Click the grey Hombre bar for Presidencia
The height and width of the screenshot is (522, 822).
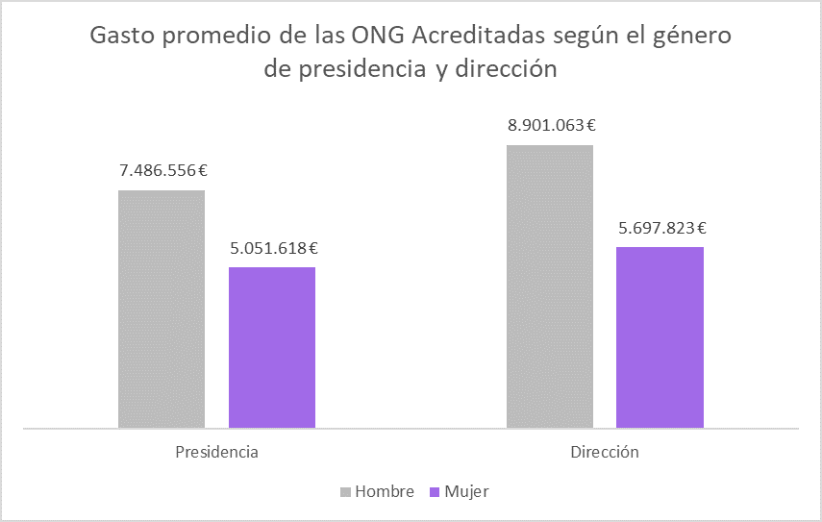pos(162,309)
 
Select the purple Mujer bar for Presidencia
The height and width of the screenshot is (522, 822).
pos(272,347)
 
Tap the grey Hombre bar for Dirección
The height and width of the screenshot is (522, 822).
pos(549,286)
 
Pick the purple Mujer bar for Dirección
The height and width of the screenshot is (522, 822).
pos(660,336)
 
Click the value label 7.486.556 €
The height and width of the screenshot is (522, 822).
pos(163,171)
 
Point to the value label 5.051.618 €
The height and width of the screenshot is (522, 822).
pos(274,248)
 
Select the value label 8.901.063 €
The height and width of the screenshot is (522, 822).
pos(552,124)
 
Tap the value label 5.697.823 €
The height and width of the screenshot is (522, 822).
pos(661,228)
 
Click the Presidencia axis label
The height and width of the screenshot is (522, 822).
pos(216,452)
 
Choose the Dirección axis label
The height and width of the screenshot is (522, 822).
pos(604,452)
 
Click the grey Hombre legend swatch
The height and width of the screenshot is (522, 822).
pos(346,492)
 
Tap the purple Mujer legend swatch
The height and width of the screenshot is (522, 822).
pos(436,492)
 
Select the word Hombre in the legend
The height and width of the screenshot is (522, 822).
pos(385,492)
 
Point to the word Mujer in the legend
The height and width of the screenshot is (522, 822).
pos(466,492)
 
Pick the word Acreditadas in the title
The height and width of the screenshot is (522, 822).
pos(479,37)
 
